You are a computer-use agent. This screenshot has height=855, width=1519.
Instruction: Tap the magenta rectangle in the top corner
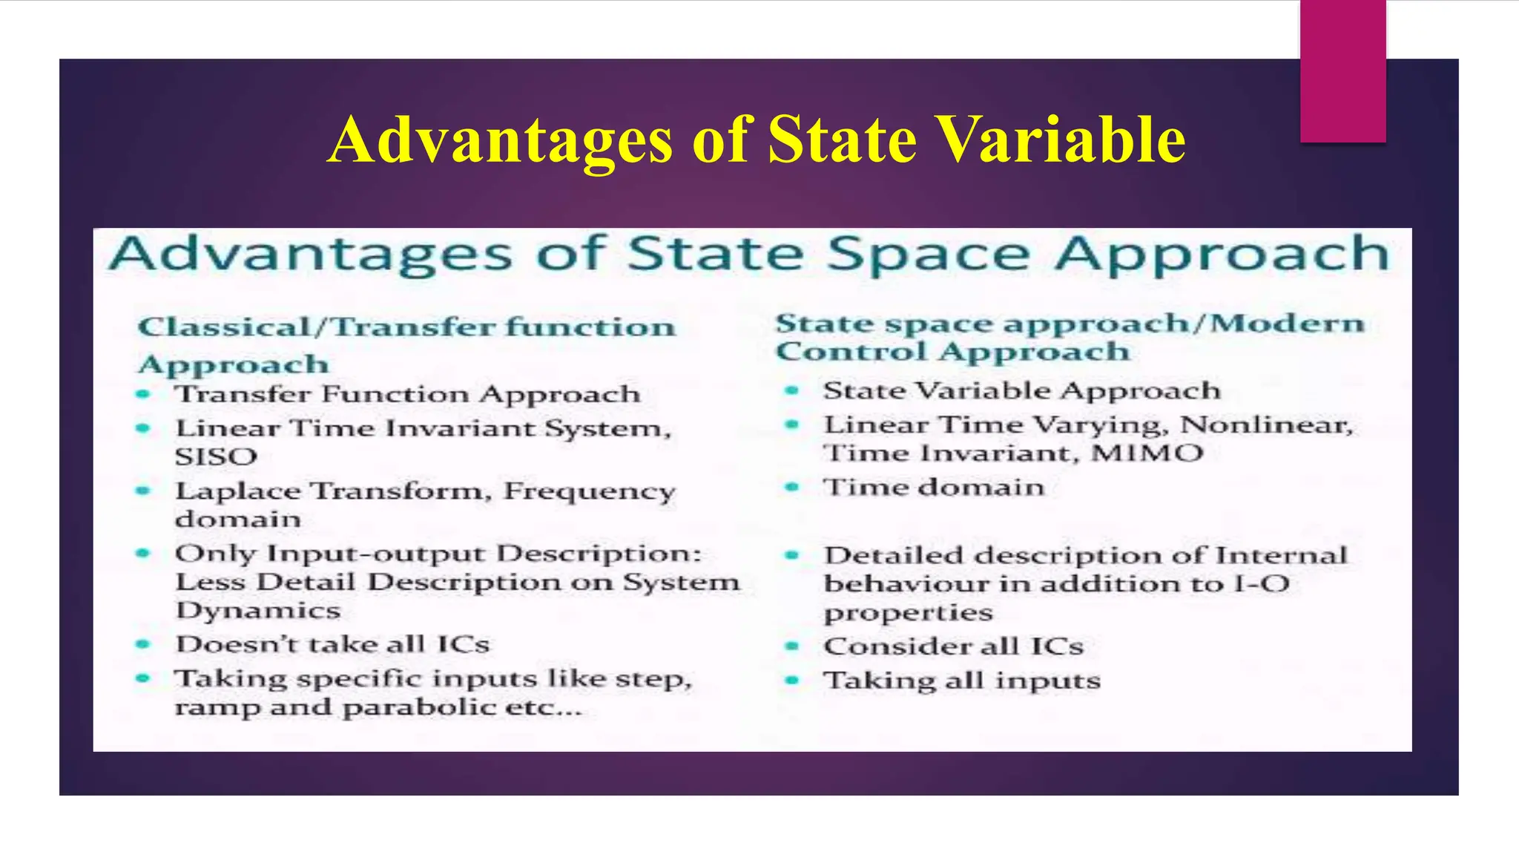[1342, 71]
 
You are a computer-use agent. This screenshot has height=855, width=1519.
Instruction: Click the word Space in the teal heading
[927, 254]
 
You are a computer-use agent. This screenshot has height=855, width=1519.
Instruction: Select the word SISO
[216, 456]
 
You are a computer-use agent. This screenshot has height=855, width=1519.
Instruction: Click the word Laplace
[237, 491]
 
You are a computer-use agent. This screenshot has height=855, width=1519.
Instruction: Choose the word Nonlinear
[1266, 425]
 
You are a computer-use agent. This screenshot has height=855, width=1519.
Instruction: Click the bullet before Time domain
[792, 487]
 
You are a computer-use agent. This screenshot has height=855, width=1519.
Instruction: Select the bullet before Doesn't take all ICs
[143, 644]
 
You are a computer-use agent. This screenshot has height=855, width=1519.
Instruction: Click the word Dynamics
[257, 611]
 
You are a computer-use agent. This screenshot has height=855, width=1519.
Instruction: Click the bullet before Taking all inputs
[792, 681]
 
